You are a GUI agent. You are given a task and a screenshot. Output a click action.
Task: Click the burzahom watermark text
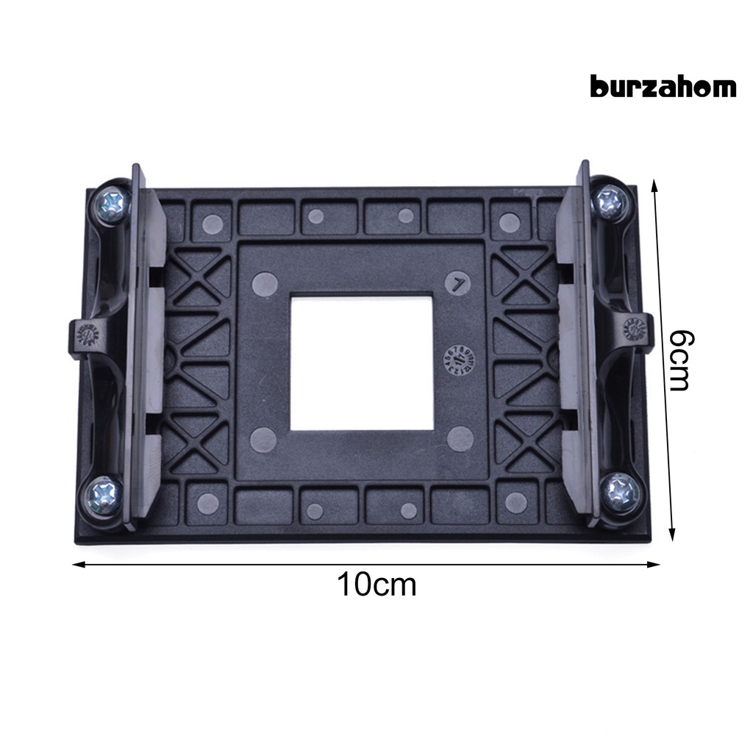(663, 87)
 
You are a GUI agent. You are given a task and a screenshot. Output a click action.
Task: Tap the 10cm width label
(376, 585)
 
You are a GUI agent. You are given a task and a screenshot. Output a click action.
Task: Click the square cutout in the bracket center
(361, 363)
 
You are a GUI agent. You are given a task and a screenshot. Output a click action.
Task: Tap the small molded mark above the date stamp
(459, 283)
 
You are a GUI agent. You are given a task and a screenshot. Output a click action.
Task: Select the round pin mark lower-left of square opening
(263, 439)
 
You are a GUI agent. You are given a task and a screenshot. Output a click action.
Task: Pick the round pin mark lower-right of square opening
(460, 439)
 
